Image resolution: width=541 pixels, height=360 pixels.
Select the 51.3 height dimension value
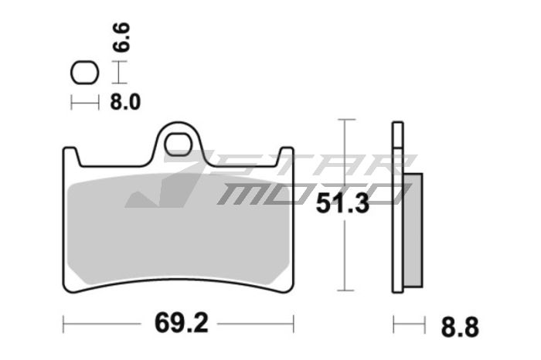pos(344,205)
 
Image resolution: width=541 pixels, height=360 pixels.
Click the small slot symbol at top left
pos(85,73)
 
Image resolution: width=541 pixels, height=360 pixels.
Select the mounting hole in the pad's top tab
pos(179,144)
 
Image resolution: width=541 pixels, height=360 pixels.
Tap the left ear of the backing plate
pos(70,157)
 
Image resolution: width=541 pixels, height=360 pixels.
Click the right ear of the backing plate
pos(286,157)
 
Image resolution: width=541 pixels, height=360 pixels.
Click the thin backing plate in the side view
pos(397,209)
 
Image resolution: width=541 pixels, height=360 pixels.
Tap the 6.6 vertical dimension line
pos(117,73)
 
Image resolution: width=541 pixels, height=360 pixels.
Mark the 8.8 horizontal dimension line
pos(409,323)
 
